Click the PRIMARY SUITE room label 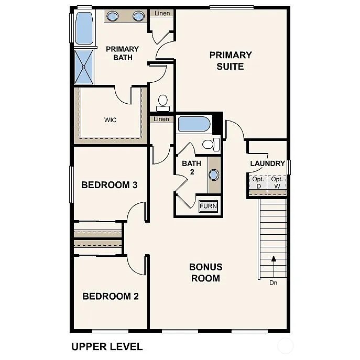pyautogui.click(x=231, y=60)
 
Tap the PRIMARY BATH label pyautogui.click(x=122, y=53)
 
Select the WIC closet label pyautogui.click(x=110, y=120)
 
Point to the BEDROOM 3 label pyautogui.click(x=109, y=185)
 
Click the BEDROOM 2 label pyautogui.click(x=111, y=296)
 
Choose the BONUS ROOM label pyautogui.click(x=205, y=272)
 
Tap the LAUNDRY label pyautogui.click(x=267, y=163)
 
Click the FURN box pyautogui.click(x=208, y=206)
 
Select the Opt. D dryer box pyautogui.click(x=258, y=183)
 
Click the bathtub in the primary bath pyautogui.click(x=84, y=28)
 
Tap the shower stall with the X pyautogui.click(x=84, y=67)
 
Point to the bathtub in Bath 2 pyautogui.click(x=194, y=124)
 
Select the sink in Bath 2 pyautogui.click(x=214, y=174)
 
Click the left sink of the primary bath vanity pyautogui.click(x=113, y=16)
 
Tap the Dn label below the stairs pyautogui.click(x=273, y=283)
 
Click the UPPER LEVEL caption pyautogui.click(x=106, y=346)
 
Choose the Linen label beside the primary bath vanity pyautogui.click(x=162, y=13)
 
